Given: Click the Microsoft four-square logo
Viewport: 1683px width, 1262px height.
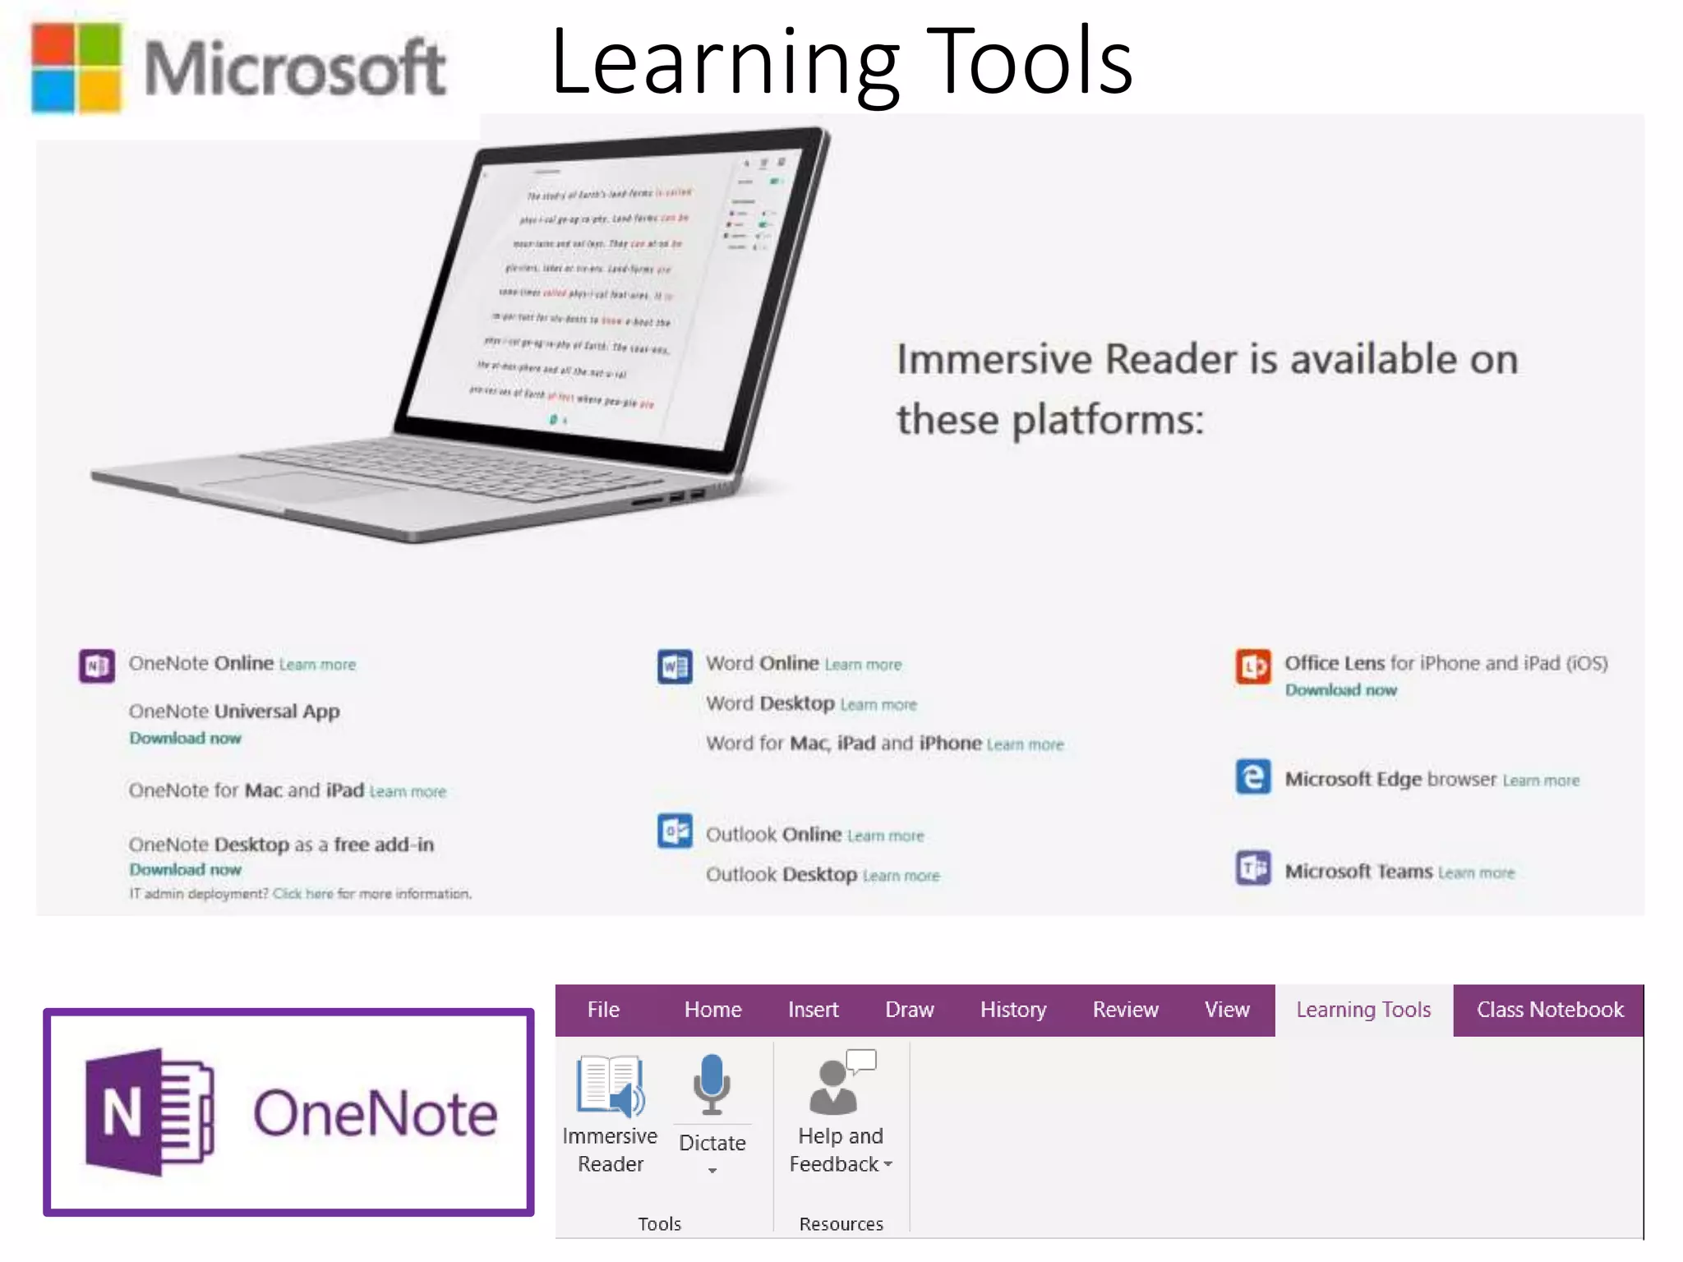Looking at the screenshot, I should pyautogui.click(x=76, y=67).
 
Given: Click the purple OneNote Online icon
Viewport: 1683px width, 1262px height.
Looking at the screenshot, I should pyautogui.click(x=97, y=666).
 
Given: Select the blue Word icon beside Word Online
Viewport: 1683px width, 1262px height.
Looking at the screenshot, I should pyautogui.click(x=675, y=666).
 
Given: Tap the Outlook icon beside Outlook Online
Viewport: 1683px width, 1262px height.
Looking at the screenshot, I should pyautogui.click(x=675, y=831).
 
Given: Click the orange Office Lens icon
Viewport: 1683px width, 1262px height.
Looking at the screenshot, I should pyautogui.click(x=1253, y=666).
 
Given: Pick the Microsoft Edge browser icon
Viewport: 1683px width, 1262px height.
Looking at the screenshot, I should pyautogui.click(x=1253, y=777).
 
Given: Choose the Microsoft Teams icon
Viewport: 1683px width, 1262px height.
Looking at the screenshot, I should pyautogui.click(x=1253, y=868).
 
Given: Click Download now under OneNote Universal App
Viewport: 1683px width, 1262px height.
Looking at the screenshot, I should pyautogui.click(x=185, y=738).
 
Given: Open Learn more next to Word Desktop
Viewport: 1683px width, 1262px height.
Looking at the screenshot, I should pyautogui.click(x=878, y=705).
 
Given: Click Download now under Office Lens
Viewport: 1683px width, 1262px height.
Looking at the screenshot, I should pyautogui.click(x=1340, y=690).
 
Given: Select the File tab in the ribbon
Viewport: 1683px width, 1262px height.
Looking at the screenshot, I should pyautogui.click(x=603, y=1010).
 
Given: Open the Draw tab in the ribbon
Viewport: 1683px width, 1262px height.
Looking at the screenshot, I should pyautogui.click(x=909, y=1010).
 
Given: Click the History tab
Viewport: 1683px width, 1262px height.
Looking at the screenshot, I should pyautogui.click(x=1012, y=1010).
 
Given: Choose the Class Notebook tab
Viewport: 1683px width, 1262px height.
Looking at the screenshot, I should pyautogui.click(x=1550, y=1010).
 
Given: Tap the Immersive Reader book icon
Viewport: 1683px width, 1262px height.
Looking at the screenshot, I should pyautogui.click(x=611, y=1085).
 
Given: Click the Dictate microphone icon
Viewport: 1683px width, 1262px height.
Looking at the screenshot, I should pyautogui.click(x=712, y=1084).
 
